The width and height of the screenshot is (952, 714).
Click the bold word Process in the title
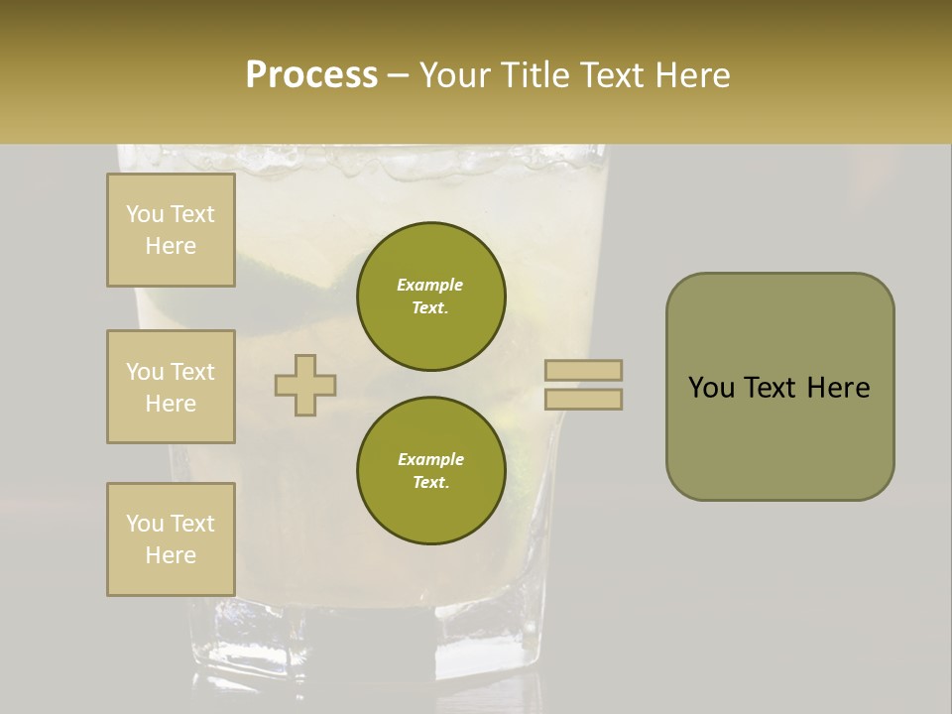[311, 75]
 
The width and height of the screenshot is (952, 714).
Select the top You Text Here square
[171, 230]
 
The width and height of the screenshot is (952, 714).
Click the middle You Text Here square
[171, 387]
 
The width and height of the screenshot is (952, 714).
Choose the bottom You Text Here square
[171, 539]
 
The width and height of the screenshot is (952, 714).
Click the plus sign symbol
[305, 385]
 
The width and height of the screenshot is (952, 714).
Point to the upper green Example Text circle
[430, 297]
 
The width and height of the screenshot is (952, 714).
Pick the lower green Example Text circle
[430, 471]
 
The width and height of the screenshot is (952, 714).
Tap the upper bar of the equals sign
[583, 370]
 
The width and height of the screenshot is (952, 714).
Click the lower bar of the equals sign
[583, 400]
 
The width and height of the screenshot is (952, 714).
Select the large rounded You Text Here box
[779, 386]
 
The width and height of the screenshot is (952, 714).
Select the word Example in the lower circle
[430, 459]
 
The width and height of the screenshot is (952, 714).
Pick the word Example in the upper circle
[430, 285]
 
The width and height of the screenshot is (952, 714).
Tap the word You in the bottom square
[144, 524]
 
